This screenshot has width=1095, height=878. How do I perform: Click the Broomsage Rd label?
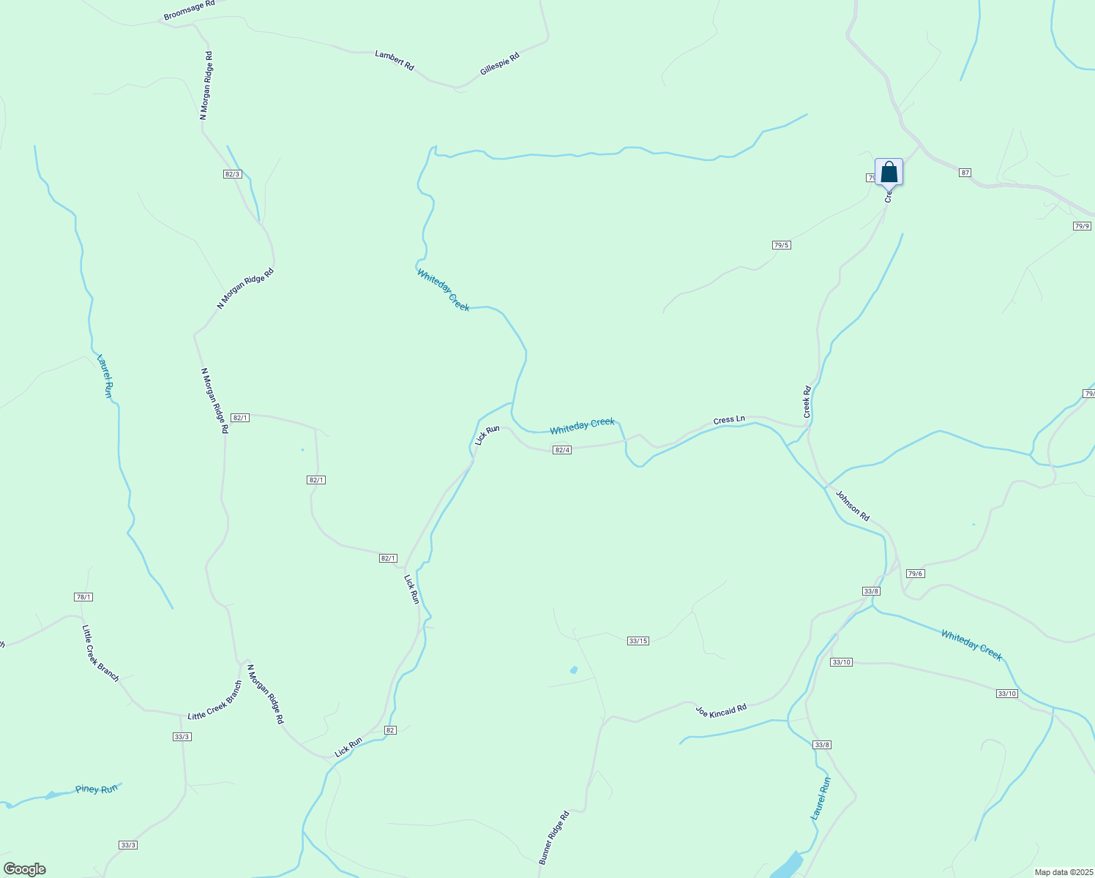189,10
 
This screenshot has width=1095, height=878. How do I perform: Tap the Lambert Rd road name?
395,60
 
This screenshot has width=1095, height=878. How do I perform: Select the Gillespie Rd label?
499,64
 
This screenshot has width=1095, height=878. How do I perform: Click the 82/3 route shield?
233,174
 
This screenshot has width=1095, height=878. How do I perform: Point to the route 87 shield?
965,173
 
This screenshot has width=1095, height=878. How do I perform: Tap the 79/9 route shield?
1082,226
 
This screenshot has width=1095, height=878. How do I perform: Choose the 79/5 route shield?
781,245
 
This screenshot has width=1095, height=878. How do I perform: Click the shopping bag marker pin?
889,173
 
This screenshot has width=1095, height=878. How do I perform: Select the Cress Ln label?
729,421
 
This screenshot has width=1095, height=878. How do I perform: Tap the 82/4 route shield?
562,450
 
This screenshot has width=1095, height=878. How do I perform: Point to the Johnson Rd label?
853,506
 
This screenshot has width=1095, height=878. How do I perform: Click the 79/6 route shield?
915,574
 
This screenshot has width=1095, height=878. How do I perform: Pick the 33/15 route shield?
638,641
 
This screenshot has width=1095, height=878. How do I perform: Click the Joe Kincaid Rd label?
721,710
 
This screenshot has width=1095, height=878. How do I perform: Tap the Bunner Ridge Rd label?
554,838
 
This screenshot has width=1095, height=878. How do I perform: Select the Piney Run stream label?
97,789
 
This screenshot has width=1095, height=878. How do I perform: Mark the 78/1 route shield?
83,597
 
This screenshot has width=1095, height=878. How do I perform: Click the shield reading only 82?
390,730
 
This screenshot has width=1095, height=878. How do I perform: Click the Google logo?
24,869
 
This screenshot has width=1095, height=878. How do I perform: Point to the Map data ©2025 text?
1063,872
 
